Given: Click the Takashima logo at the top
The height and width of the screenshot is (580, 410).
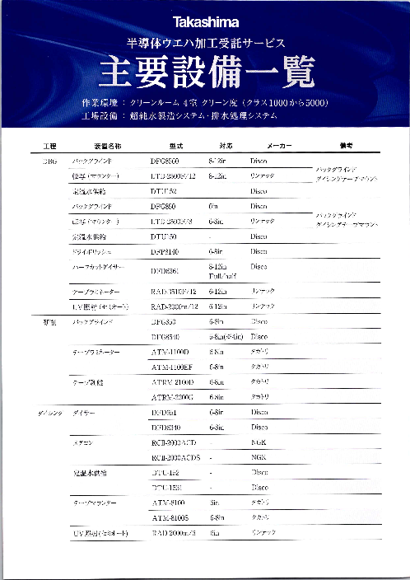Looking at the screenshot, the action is [205, 22].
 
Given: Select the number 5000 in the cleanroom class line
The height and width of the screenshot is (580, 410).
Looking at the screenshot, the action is [314, 103].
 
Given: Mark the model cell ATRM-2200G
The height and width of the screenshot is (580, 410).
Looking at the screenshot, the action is [173, 397].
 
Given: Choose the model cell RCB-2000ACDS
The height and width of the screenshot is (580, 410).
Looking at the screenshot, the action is [177, 457].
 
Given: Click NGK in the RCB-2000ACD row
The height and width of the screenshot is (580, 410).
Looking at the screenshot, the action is [259, 442].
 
